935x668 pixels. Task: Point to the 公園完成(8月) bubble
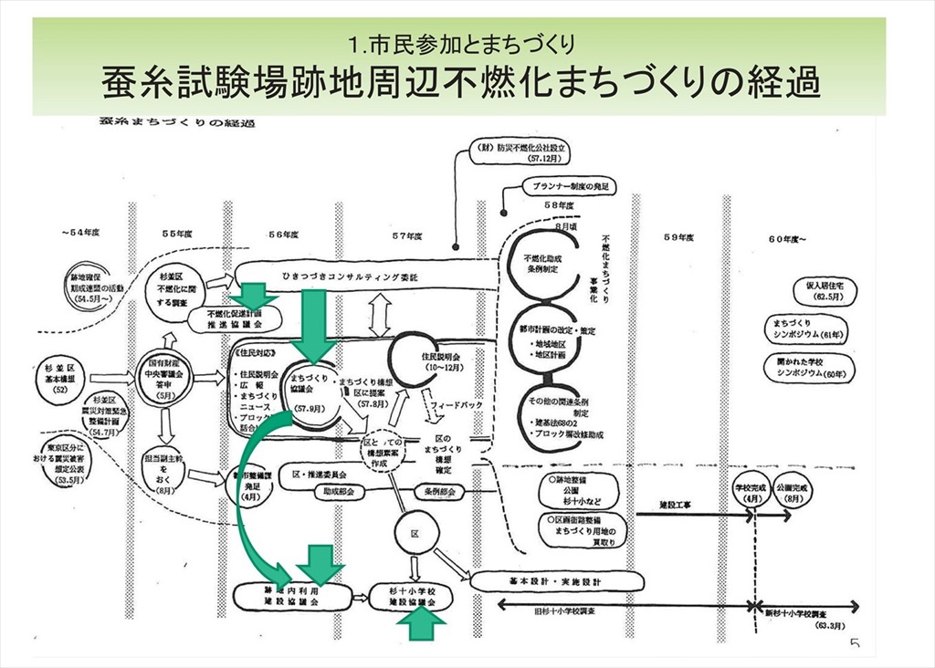coord(791,494)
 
